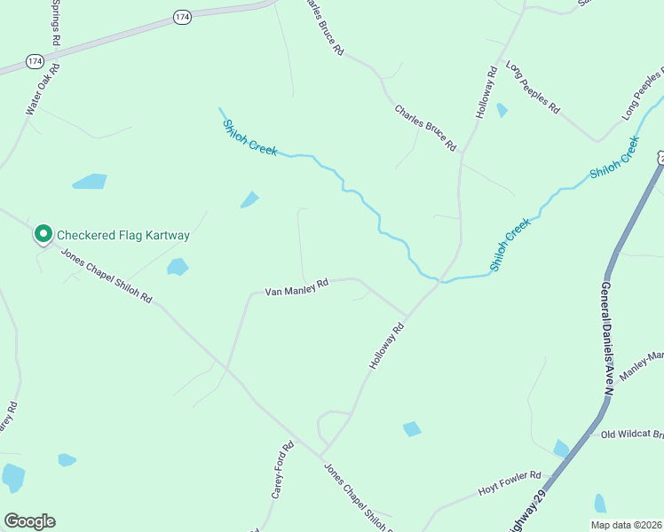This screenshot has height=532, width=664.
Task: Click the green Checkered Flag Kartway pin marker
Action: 43,234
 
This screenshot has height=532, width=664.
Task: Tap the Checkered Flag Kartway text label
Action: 123,235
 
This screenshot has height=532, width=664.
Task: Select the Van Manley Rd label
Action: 296,287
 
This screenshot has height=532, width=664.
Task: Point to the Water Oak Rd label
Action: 43,89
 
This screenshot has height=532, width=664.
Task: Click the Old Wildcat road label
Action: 631,434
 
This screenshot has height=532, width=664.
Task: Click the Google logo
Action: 29,521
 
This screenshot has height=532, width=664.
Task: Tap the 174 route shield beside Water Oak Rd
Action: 35,60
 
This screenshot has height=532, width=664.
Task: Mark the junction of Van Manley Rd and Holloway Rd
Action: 407,317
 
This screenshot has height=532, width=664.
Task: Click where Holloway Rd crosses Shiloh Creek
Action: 440,279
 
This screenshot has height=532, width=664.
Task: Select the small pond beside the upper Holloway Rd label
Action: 502,110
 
